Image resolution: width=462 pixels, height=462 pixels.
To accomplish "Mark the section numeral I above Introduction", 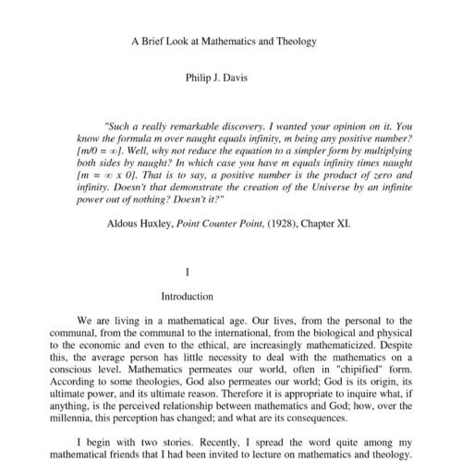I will (188, 274).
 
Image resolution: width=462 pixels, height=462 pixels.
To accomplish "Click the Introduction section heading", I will (188, 298).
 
